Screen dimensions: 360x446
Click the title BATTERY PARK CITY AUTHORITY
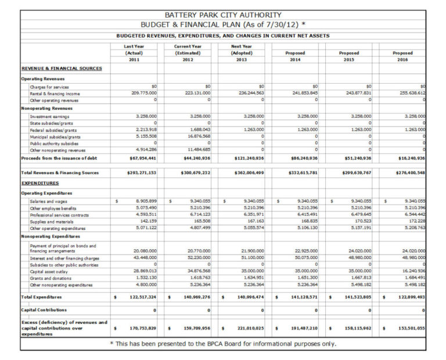pos(223,15)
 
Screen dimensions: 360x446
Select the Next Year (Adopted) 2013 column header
pos(241,52)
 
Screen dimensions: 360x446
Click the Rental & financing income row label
pos(55,93)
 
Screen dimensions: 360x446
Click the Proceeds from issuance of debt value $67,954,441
pos(142,157)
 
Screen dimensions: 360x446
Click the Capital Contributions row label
pos(44,310)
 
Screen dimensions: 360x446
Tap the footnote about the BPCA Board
pos(223,343)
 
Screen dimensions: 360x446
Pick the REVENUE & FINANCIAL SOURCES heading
pos(62,69)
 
